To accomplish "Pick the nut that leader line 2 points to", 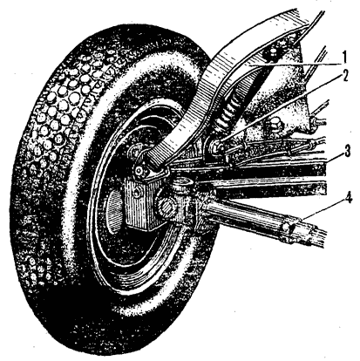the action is pos(216,145).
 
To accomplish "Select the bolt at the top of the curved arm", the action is pos(273,55).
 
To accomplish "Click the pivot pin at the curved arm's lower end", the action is pos(141,172).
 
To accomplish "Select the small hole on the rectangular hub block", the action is pos(137,193).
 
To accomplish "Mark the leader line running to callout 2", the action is pos(280,110).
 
